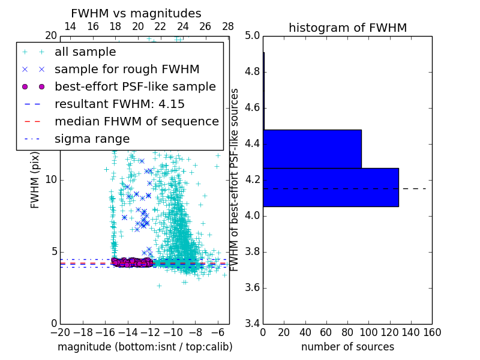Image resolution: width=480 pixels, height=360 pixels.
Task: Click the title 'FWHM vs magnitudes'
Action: point(136,13)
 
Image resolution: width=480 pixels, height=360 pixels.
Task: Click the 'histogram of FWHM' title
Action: point(347,28)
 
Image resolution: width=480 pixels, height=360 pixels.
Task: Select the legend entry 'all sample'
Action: point(85,52)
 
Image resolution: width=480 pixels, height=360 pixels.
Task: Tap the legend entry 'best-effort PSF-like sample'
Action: point(135,86)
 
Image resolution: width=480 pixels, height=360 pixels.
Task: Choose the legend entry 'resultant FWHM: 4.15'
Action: point(119,104)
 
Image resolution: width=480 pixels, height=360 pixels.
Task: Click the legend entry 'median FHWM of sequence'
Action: point(136,121)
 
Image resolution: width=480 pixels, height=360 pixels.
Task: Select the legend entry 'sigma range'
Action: point(92,139)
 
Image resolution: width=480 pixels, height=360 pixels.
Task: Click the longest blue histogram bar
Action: point(331,187)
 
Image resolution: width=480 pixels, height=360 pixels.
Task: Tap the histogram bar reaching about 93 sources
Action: point(312,149)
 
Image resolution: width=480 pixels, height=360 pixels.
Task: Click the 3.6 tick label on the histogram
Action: point(252,287)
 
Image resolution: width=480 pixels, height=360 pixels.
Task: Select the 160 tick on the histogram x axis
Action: point(432,332)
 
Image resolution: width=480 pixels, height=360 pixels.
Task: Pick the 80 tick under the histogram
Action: point(347,332)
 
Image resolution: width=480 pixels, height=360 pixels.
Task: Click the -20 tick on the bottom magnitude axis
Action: point(60,332)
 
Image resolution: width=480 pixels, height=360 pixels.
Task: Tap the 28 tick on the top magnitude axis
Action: point(228,27)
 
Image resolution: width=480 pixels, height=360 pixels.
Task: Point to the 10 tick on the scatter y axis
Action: point(51,180)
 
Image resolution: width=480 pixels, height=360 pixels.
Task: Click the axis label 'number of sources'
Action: point(347,347)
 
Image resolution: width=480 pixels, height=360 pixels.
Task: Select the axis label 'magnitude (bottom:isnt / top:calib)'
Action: point(145,347)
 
